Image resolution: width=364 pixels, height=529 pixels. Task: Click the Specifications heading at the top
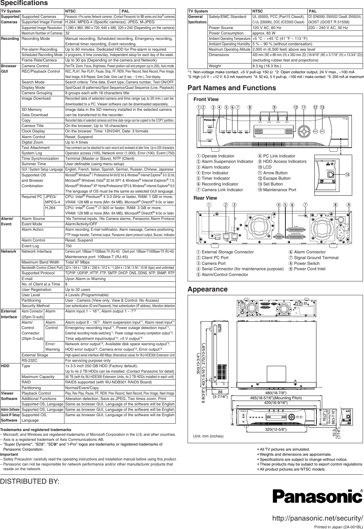tap(24, 3)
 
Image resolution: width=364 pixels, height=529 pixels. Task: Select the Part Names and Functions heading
tap(231, 88)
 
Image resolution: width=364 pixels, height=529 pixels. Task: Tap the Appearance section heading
tap(207, 289)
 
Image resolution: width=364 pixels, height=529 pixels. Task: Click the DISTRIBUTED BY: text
tap(30, 481)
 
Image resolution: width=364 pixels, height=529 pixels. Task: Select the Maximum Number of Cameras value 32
tap(67, 33)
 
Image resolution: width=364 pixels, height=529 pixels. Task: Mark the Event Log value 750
tap(68, 246)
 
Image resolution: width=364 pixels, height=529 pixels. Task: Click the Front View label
tap(206, 99)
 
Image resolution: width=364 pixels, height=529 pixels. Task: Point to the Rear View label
tap(205, 198)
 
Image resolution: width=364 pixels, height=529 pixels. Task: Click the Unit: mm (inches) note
tap(208, 436)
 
